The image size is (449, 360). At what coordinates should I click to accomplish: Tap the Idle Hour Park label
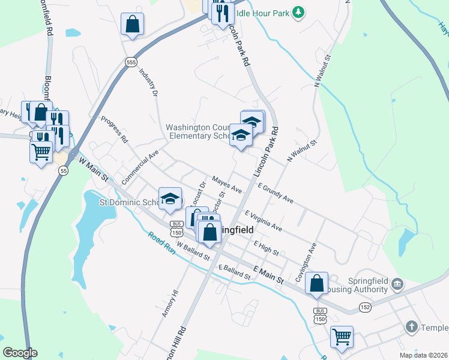click(x=263, y=12)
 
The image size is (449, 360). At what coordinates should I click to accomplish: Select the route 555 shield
click(x=131, y=62)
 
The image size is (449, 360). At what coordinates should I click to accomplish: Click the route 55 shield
click(x=63, y=171)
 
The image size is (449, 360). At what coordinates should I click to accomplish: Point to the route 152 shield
click(x=366, y=307)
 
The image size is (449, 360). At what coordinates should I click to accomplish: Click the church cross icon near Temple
click(x=411, y=327)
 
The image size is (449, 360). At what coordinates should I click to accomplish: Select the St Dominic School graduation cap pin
click(x=170, y=199)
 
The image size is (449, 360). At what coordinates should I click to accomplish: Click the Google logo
click(x=20, y=352)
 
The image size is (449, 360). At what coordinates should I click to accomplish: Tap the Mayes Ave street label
click(x=226, y=184)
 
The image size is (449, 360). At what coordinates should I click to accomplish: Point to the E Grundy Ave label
click(x=276, y=193)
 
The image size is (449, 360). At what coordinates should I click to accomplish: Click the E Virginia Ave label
click(x=263, y=220)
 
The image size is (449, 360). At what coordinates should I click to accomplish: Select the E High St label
click(x=266, y=248)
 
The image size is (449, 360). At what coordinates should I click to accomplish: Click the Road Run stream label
click(x=161, y=243)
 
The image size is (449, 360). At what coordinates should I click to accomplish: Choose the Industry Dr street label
click(x=148, y=82)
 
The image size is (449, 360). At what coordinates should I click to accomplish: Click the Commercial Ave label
click(x=140, y=167)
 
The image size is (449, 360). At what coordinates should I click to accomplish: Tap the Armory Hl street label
click(x=170, y=303)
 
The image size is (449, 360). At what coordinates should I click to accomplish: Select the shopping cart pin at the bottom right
click(x=342, y=337)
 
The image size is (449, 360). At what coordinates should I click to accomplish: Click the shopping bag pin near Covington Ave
click(x=316, y=283)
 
